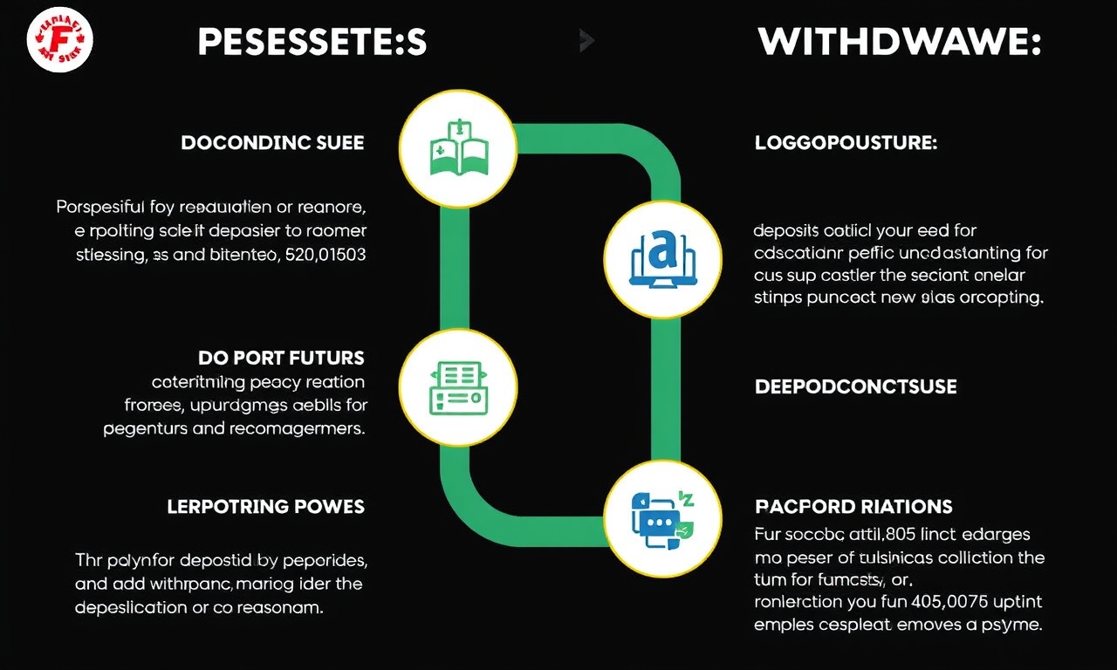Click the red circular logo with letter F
click(59, 40)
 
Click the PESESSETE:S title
click(312, 43)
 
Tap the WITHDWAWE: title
click(899, 43)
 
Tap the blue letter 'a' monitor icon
click(663, 254)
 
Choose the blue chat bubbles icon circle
click(663, 517)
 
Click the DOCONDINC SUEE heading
click(272, 142)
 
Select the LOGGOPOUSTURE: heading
click(846, 143)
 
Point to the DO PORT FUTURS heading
click(280, 358)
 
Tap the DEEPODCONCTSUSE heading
click(855, 386)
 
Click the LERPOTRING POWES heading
click(265, 507)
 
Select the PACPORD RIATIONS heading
click(853, 507)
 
